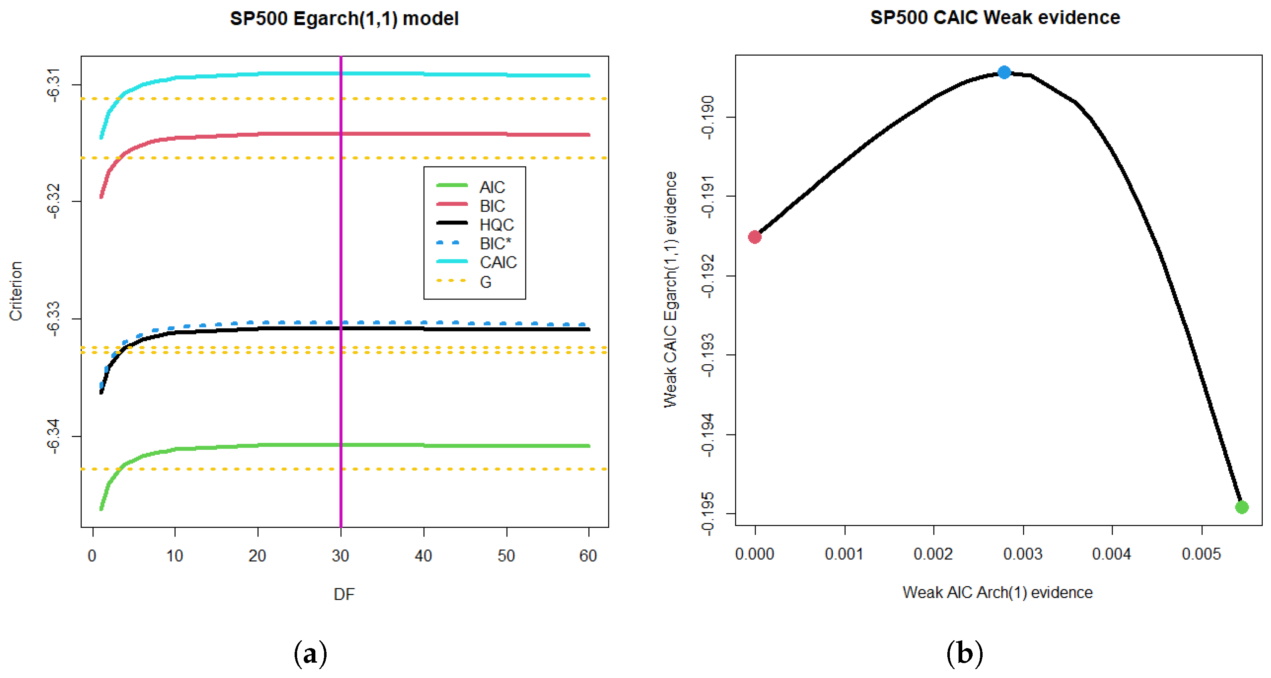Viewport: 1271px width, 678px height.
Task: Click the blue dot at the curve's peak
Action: [x=1004, y=73]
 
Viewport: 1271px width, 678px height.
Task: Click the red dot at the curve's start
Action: [x=754, y=237]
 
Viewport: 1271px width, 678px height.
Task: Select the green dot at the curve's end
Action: [x=1242, y=507]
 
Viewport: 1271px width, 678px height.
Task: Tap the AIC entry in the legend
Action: [x=492, y=187]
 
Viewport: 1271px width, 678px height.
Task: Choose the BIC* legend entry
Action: [x=495, y=243]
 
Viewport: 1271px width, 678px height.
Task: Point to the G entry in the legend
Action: [x=485, y=282]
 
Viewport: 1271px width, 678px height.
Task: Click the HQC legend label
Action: [x=496, y=224]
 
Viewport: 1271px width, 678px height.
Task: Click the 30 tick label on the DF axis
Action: [x=340, y=556]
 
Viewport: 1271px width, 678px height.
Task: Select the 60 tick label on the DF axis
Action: [x=588, y=556]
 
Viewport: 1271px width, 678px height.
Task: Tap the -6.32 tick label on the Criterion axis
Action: [x=53, y=201]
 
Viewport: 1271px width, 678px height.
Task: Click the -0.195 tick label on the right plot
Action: [x=707, y=514]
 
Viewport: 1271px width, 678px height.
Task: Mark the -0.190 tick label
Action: [x=707, y=117]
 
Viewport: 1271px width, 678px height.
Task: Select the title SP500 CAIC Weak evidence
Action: [x=995, y=17]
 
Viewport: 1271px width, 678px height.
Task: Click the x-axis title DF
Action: [x=344, y=594]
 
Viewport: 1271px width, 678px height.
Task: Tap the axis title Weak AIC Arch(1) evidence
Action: [x=997, y=592]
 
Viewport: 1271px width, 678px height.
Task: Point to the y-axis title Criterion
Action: [x=16, y=291]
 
